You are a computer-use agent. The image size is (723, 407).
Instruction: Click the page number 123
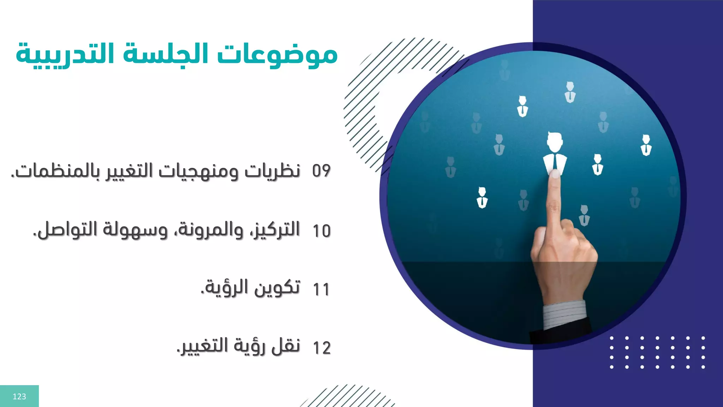(19, 396)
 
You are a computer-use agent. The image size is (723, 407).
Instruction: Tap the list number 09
(321, 171)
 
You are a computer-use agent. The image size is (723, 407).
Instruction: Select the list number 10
(322, 231)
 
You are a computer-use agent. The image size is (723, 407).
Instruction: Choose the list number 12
(322, 348)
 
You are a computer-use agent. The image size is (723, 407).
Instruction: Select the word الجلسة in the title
(166, 55)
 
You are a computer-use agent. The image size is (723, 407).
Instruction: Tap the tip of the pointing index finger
(555, 174)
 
